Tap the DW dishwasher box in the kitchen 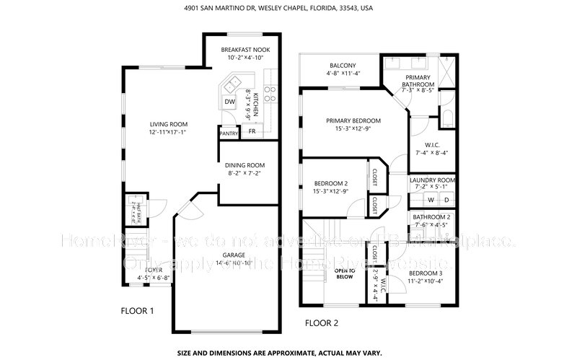229,102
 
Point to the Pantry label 229,133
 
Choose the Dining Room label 246,164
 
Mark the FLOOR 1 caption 137,311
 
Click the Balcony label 342,63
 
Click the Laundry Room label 432,180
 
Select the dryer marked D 446,199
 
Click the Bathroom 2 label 432,217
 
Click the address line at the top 288,8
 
